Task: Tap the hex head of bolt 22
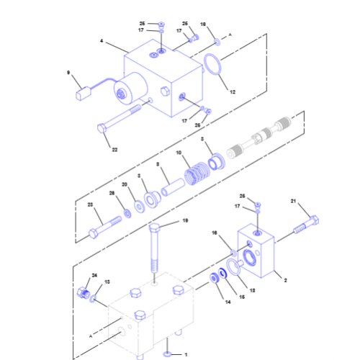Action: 102,128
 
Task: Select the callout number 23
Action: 91,205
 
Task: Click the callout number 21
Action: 293,201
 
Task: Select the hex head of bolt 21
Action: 313,220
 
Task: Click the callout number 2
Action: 285,279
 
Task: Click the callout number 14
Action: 209,302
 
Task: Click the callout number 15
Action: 232,296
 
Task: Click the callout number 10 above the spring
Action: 179,153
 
